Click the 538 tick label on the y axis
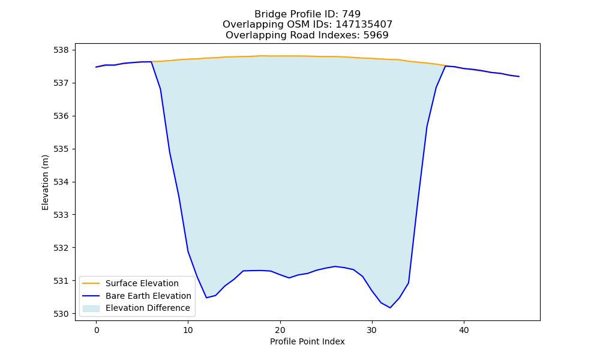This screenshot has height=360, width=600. (x=61, y=50)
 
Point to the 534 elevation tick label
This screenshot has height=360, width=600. (x=61, y=182)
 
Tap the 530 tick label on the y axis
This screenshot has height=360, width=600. (x=61, y=314)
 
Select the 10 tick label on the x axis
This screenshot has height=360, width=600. (x=188, y=330)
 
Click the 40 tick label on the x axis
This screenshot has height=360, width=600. (x=464, y=330)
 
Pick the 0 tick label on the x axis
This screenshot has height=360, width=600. (x=97, y=330)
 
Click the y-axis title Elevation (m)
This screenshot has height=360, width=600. (x=45, y=182)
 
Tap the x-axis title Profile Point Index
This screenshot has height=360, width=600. (x=307, y=341)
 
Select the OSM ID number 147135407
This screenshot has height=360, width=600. (x=364, y=25)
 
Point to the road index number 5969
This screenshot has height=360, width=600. (x=376, y=35)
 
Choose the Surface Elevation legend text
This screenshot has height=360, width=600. (x=142, y=283)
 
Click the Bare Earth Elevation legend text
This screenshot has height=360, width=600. (x=148, y=296)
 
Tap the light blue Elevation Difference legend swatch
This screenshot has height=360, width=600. (x=91, y=308)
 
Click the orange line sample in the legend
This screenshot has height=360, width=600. (x=91, y=283)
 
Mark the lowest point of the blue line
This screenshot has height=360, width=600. (x=390, y=308)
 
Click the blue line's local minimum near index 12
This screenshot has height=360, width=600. (x=206, y=298)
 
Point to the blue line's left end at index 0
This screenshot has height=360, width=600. (x=96, y=67)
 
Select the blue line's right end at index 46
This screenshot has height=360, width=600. (x=519, y=77)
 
